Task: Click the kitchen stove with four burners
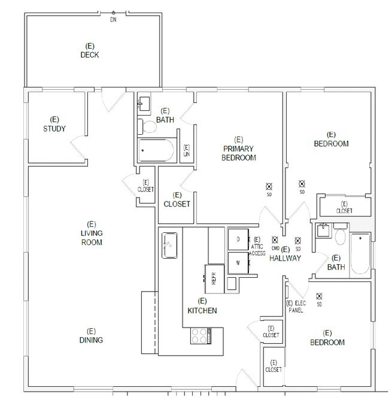[200, 336]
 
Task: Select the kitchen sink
[169, 245]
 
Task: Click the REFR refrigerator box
[214, 279]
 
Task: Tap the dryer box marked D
[238, 240]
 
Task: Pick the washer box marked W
[238, 263]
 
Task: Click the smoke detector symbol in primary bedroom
[269, 187]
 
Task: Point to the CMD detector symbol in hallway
[275, 240]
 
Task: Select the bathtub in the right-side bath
[360, 253]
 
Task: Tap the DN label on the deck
[113, 20]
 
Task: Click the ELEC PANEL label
[296, 307]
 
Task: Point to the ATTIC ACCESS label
[257, 247]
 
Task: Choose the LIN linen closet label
[187, 151]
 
